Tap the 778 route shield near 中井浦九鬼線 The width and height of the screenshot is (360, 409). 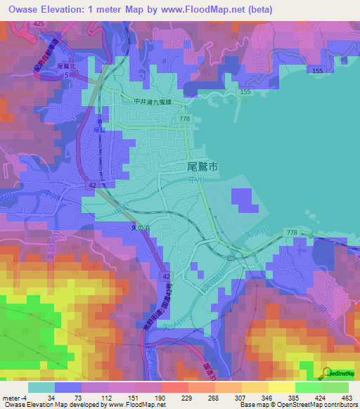click(184, 119)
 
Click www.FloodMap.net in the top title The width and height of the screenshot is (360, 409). click(199, 10)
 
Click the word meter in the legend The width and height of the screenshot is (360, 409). click(11, 397)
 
